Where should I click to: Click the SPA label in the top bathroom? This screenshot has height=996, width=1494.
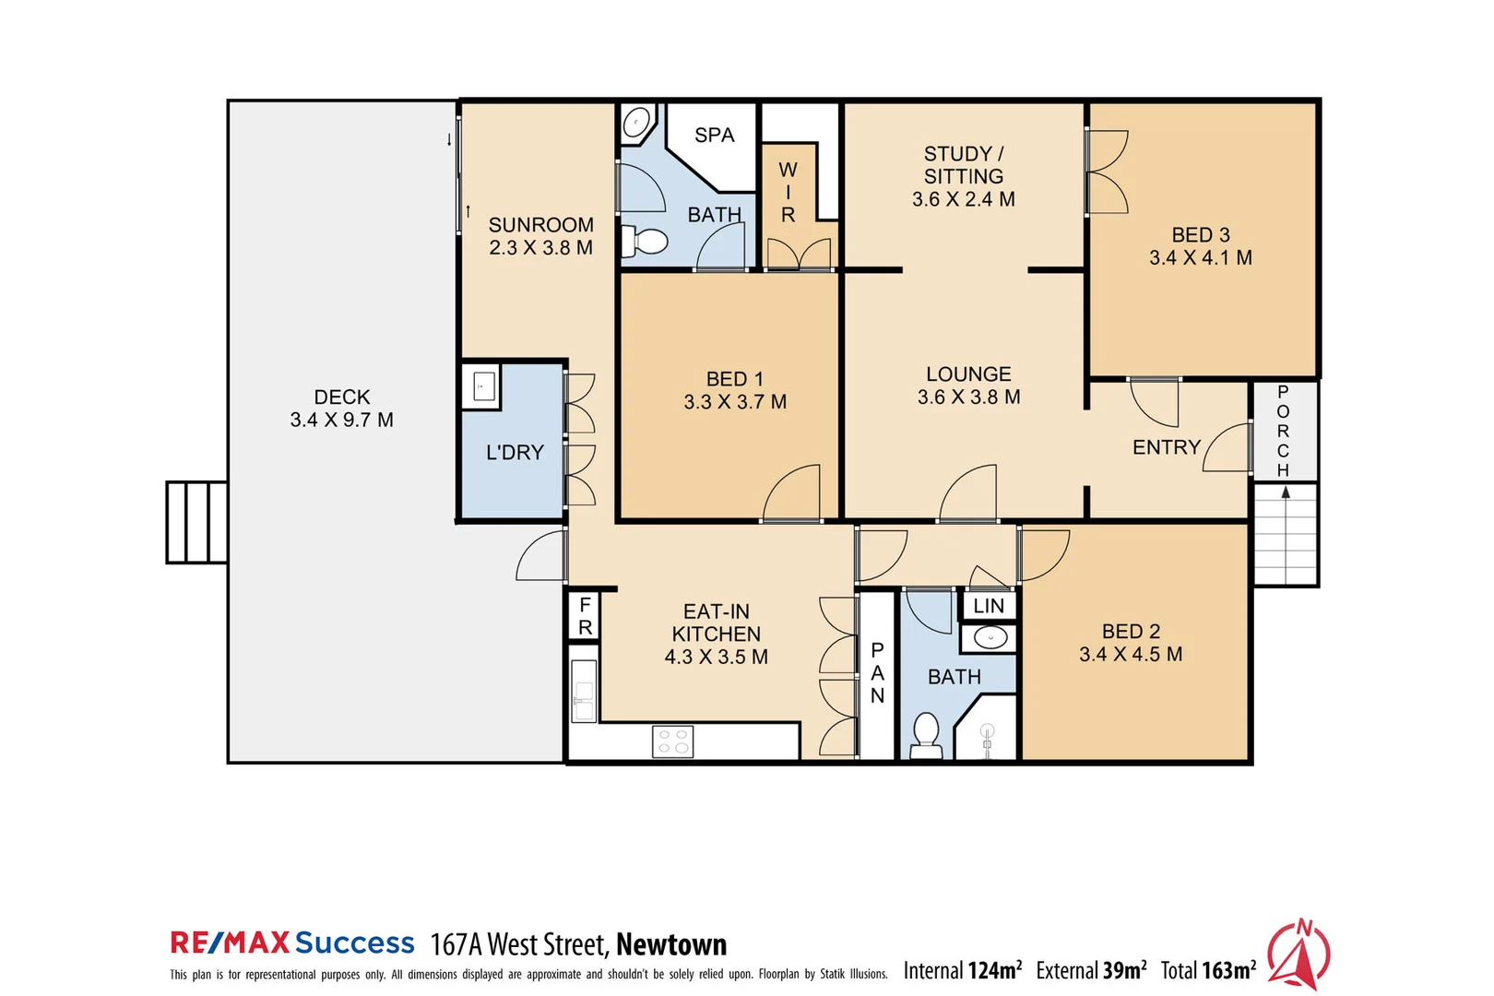click(714, 135)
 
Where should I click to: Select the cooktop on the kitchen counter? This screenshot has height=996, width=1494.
click(672, 741)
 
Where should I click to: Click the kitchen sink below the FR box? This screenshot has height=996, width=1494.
click(583, 690)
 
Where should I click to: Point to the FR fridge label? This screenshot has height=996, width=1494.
click(585, 616)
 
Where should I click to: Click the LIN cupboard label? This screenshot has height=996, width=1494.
click(989, 606)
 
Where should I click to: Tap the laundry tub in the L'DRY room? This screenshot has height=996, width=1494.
click(484, 386)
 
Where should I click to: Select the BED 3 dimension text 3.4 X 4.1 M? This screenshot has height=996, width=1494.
click(1200, 258)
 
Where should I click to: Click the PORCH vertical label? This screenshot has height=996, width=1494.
click(1283, 431)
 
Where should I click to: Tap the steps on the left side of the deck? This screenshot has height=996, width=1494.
click(196, 522)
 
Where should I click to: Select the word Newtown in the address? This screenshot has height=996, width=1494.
click(671, 944)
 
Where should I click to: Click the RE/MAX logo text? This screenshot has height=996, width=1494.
click(230, 943)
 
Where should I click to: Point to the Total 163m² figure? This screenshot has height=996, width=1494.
click(1208, 970)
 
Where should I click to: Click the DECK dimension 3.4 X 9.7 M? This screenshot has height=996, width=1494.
click(341, 421)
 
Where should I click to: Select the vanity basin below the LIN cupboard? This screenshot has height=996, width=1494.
click(990, 637)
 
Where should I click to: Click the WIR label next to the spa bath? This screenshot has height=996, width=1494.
click(788, 192)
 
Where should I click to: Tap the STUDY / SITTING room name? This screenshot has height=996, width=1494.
click(964, 165)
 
